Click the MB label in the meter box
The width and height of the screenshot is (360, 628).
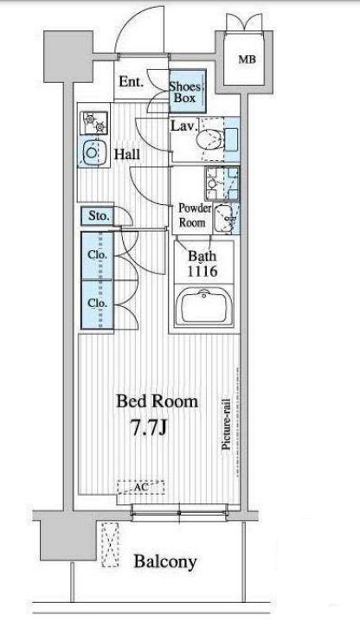click(247, 60)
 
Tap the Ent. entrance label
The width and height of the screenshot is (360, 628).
click(131, 81)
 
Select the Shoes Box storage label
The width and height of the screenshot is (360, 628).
click(184, 92)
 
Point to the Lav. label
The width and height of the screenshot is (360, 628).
click(184, 126)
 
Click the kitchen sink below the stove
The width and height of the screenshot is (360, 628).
click(93, 152)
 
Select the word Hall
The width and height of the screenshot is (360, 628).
click(127, 154)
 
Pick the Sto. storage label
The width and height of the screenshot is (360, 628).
click(99, 216)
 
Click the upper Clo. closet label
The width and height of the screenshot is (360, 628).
click(98, 254)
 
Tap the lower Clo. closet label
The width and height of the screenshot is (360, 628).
click(98, 304)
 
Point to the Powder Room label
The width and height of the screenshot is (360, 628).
click(195, 215)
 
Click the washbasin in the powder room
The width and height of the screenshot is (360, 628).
click(225, 218)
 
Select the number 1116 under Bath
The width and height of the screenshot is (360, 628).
click(202, 271)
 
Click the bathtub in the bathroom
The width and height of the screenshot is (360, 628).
click(204, 306)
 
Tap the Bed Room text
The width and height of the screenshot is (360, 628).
click(157, 401)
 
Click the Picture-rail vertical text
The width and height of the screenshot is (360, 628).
click(226, 424)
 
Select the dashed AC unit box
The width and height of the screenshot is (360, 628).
click(141, 487)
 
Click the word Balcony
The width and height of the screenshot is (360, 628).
click(165, 561)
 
